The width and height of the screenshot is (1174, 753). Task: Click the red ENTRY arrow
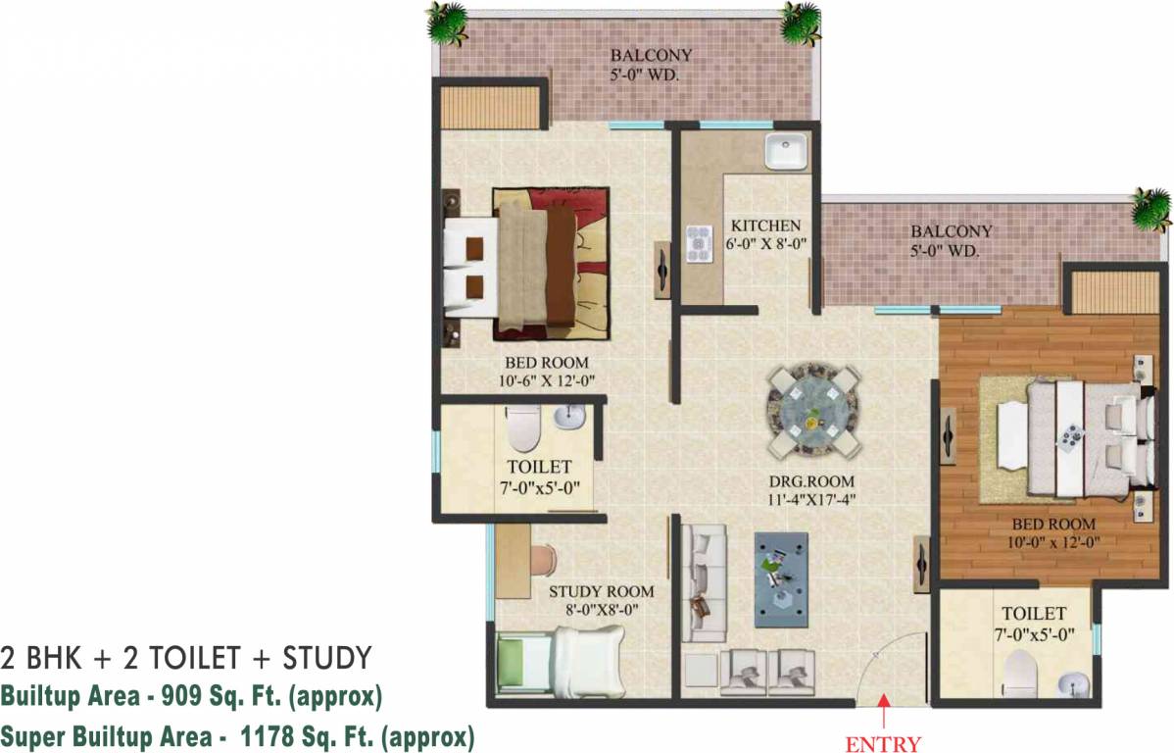[x=884, y=711]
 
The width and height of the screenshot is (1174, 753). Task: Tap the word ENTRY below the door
[x=883, y=743]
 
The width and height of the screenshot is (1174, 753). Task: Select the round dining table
[x=811, y=411]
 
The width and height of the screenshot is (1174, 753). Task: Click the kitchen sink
[x=785, y=151]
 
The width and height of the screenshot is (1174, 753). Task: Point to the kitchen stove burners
[x=700, y=244]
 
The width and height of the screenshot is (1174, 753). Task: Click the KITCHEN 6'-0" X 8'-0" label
[x=766, y=233]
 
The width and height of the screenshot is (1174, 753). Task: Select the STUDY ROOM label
[x=602, y=591]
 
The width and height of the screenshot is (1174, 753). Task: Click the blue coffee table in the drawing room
[x=781, y=579]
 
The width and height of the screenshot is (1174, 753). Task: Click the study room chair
[x=542, y=561]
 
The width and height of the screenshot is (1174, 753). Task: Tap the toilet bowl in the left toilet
[x=522, y=428]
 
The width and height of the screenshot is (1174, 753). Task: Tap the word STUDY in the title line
[x=327, y=658]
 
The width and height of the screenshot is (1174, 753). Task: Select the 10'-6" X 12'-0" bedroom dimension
[x=547, y=380]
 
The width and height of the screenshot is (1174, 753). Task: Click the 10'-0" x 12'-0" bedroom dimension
[x=1053, y=542]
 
